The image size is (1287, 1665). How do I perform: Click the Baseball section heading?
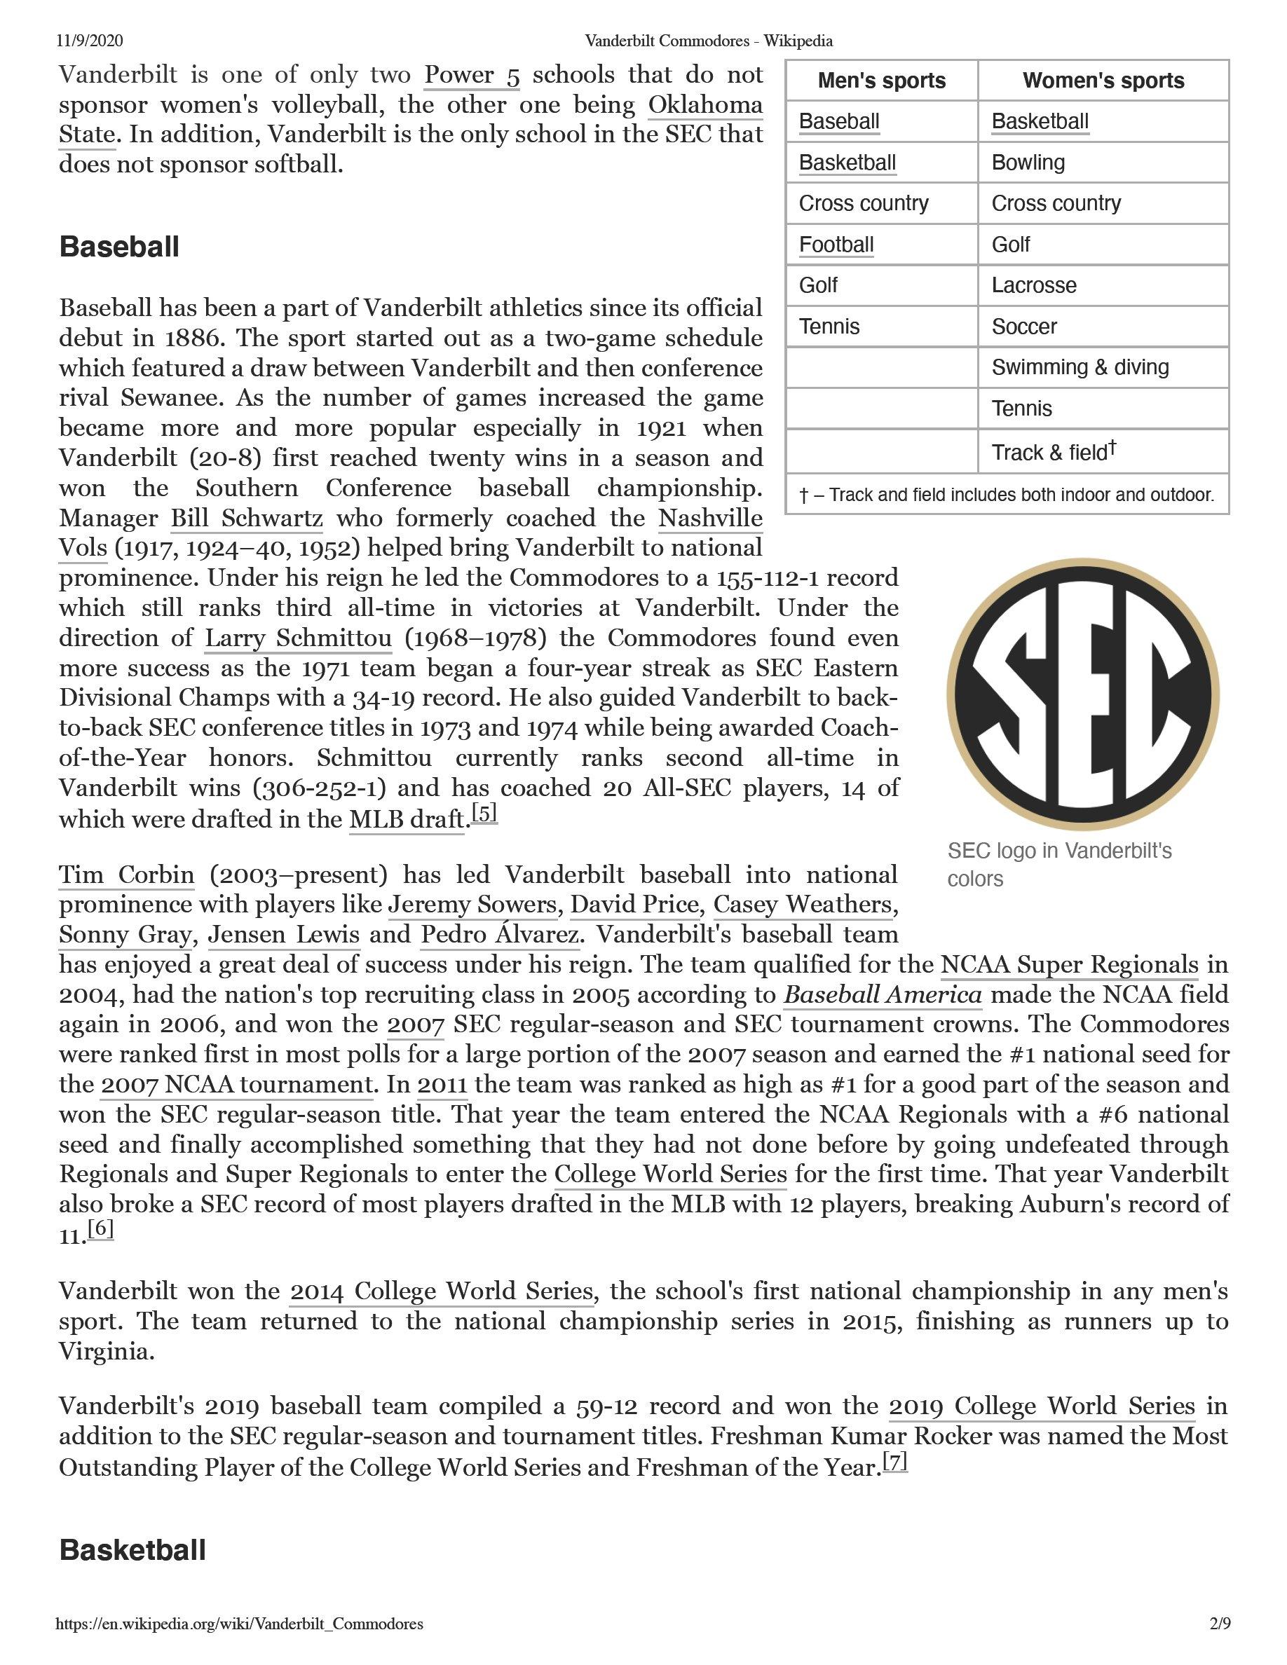pos(119,247)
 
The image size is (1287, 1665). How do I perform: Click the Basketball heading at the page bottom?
pos(132,1550)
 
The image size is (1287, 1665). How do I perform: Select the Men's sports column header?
pos(881,81)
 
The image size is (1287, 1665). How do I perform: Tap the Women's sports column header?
pos(1103,81)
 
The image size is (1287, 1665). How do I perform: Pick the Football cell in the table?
pos(836,245)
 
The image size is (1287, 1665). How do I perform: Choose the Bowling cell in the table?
pos(1028,163)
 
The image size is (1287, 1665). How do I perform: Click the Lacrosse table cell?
pos(1034,285)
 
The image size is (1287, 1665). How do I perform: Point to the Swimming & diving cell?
pos(1080,367)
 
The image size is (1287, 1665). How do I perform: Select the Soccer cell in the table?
pos(1024,327)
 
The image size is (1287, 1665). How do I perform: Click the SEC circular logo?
pos(1083,694)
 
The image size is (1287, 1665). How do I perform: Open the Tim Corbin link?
pos(127,875)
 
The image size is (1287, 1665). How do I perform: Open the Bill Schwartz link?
pos(247,519)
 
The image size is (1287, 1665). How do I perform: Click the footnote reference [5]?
pos(484,814)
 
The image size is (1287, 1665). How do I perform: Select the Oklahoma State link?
pos(704,105)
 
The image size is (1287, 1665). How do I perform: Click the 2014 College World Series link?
pos(442,1291)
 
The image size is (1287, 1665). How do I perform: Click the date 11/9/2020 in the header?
pos(90,41)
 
